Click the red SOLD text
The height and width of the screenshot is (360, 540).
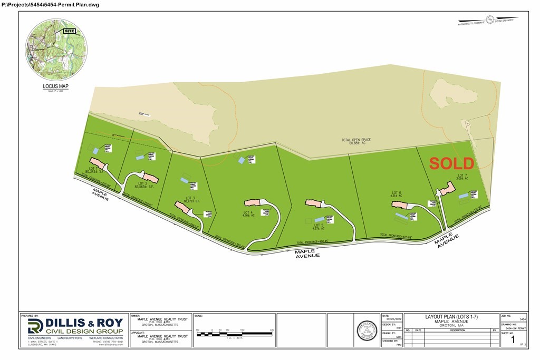coord(451,163)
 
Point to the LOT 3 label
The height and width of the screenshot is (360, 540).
coord(191,199)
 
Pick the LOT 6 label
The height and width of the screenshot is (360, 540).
coord(397,193)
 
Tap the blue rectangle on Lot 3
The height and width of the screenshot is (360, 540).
coord(184,180)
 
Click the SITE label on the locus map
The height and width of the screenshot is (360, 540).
coord(69,32)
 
